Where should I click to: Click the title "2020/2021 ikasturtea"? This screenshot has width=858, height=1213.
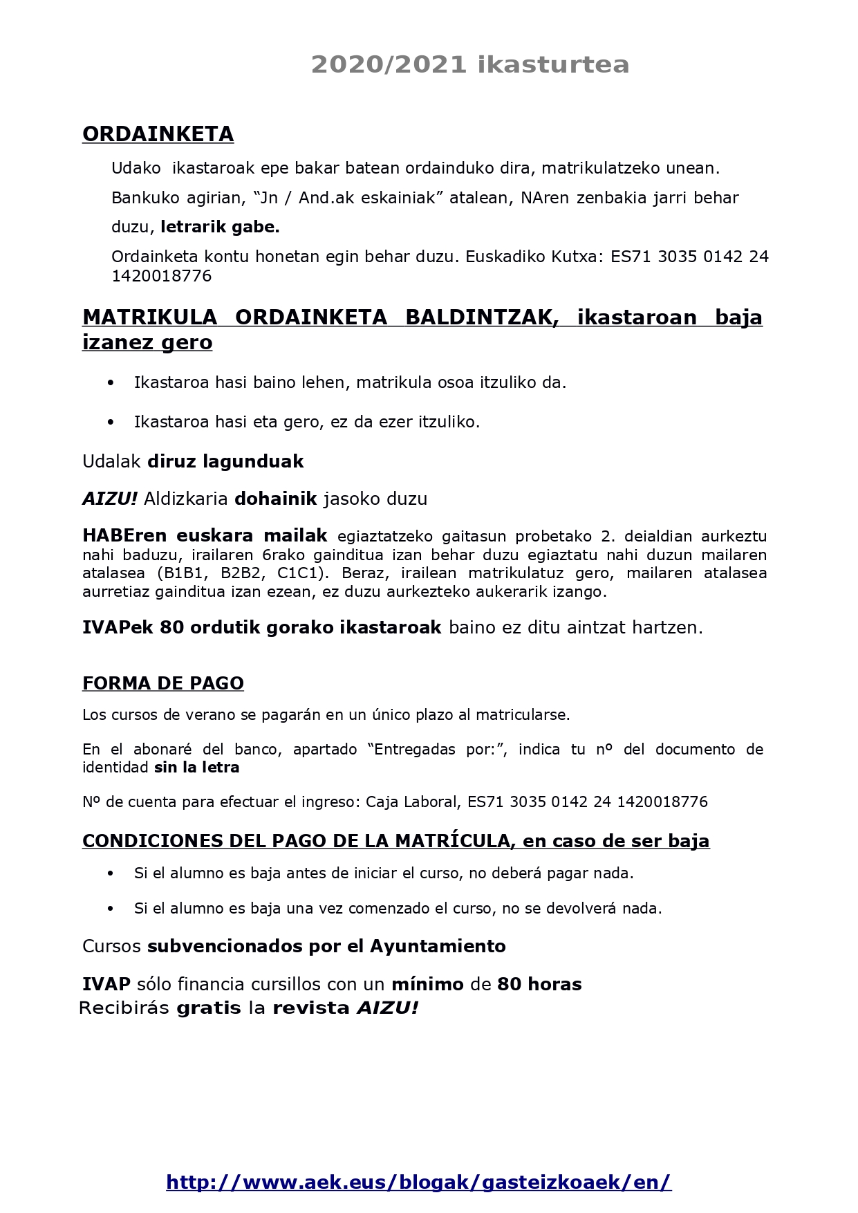point(469,64)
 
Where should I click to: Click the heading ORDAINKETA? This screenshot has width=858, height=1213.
point(158,134)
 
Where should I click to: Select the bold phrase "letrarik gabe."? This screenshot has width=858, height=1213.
point(220,227)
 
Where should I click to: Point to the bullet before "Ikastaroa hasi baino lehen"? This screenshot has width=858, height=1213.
point(111,382)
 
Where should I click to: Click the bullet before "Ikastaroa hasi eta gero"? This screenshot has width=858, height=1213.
point(111,422)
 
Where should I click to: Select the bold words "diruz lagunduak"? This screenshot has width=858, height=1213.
point(225,461)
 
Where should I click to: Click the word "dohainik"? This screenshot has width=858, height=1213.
point(276,499)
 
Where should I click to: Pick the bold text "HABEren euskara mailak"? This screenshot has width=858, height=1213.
point(205,536)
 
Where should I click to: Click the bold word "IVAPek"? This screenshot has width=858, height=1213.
point(118,627)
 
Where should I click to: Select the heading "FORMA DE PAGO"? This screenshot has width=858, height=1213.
point(163,683)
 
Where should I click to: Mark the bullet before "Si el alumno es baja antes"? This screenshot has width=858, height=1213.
point(111,873)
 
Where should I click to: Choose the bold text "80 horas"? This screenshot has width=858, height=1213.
point(539,984)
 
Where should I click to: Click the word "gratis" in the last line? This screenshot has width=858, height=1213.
point(209,1008)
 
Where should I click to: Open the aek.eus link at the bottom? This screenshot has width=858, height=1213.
point(418,1182)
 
